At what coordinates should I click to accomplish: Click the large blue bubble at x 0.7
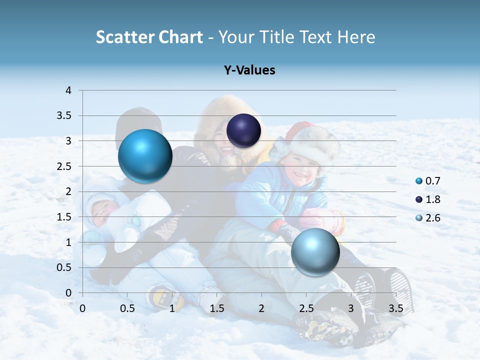[145, 156]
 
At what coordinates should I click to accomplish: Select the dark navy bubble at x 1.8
[243, 131]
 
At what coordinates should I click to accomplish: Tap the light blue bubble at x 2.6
[315, 252]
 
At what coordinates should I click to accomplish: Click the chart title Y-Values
[249, 70]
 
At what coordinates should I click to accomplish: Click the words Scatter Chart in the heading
[149, 37]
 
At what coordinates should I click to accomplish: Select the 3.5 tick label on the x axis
[395, 308]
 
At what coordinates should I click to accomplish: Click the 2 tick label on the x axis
[261, 308]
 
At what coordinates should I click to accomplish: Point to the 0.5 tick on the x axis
[127, 308]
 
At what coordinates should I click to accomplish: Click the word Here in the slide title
[356, 37]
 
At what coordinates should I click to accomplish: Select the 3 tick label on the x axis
[351, 308]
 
